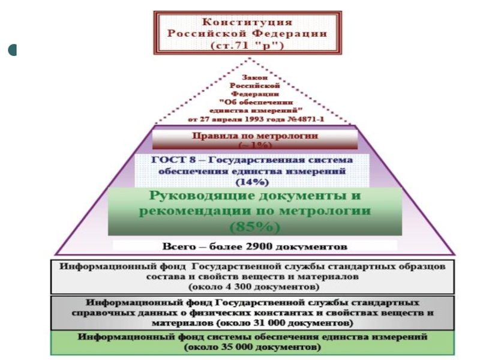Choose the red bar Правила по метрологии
click(255, 137)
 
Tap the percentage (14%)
click(252, 181)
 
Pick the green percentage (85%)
click(255, 227)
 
